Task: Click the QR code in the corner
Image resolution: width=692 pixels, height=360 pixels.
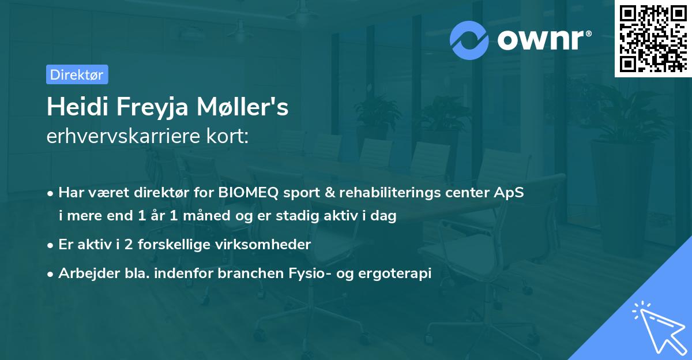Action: [x=653, y=39]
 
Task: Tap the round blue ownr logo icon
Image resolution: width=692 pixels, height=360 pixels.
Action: [x=469, y=40]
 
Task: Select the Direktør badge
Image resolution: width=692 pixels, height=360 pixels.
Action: [x=77, y=74]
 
